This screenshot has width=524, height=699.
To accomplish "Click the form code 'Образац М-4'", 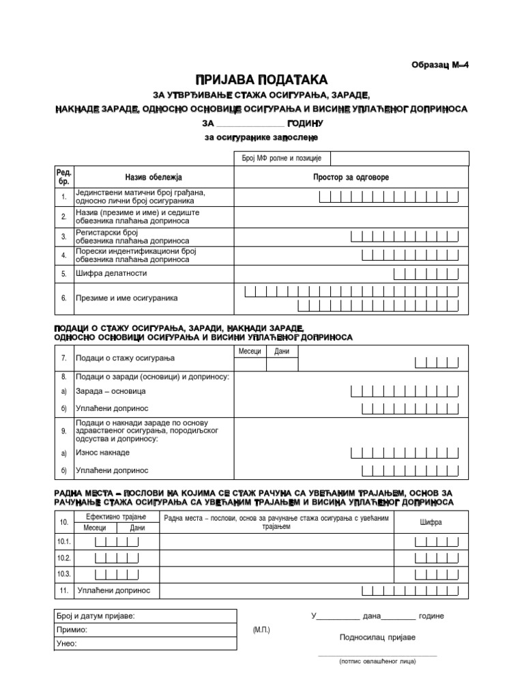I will coord(441,65).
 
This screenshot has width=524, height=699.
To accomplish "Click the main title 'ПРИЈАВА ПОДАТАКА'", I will coord(263,80).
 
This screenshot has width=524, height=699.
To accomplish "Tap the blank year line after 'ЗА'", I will coord(250,124).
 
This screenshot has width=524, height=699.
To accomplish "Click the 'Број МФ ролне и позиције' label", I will coord(282,158).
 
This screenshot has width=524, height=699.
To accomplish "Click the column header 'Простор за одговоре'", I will coord(351,177).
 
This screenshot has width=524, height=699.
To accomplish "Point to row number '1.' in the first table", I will coord(63,197).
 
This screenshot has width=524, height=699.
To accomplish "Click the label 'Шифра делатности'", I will coord(111,273).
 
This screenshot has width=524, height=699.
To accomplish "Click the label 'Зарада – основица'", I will coord(111,391).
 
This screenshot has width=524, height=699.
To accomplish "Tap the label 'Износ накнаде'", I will coord(102,453).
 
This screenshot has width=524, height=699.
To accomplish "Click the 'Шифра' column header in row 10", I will coord(431,522).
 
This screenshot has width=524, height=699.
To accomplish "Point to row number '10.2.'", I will coord(65,558).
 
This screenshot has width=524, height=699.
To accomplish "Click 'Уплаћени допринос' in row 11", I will coord(113,590).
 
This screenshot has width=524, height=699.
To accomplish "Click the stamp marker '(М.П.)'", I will coord(261,629).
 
